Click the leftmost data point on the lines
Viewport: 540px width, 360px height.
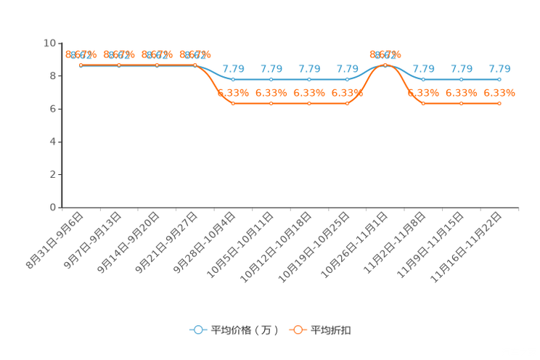[x=81, y=65]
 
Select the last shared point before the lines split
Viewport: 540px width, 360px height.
[x=195, y=65]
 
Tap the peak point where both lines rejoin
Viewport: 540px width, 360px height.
[x=385, y=65]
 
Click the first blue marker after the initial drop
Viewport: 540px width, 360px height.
[x=233, y=78]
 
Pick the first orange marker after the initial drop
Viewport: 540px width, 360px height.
[x=233, y=104]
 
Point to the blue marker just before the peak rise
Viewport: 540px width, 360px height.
[x=347, y=78]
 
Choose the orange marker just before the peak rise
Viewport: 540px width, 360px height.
[x=347, y=104]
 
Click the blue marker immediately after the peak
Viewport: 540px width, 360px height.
[x=423, y=78]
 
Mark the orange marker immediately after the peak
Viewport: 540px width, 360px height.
[x=423, y=104]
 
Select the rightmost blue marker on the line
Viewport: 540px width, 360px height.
[x=499, y=78]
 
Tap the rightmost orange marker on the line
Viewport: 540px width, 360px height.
[x=499, y=104]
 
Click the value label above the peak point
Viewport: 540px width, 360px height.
[x=385, y=54]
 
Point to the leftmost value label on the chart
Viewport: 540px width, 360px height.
[x=81, y=54]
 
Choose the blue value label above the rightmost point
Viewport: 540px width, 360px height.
[x=499, y=69]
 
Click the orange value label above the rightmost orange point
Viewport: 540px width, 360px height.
[x=499, y=93]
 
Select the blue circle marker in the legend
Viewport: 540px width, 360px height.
[x=197, y=330]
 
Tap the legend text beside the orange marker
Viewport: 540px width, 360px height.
[x=331, y=330]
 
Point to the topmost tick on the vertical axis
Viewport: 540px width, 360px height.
[x=61, y=43]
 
